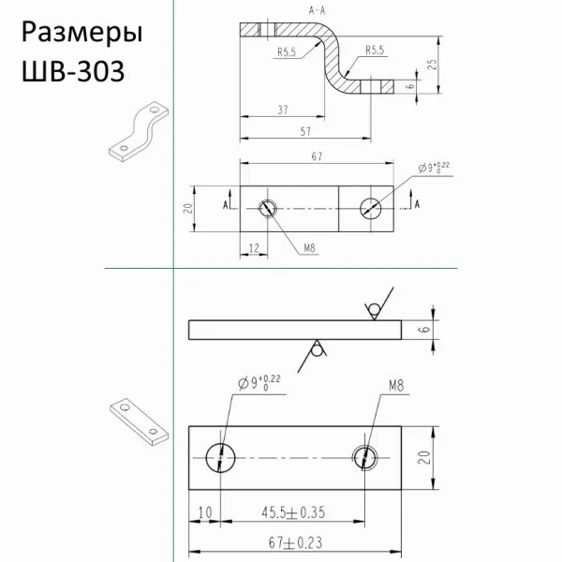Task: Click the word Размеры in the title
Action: (81, 34)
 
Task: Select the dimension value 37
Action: (283, 110)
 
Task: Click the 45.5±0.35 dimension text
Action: (292, 513)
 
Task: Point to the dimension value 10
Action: (205, 513)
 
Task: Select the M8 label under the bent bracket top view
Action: (310, 248)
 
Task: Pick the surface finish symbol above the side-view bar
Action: (371, 309)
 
